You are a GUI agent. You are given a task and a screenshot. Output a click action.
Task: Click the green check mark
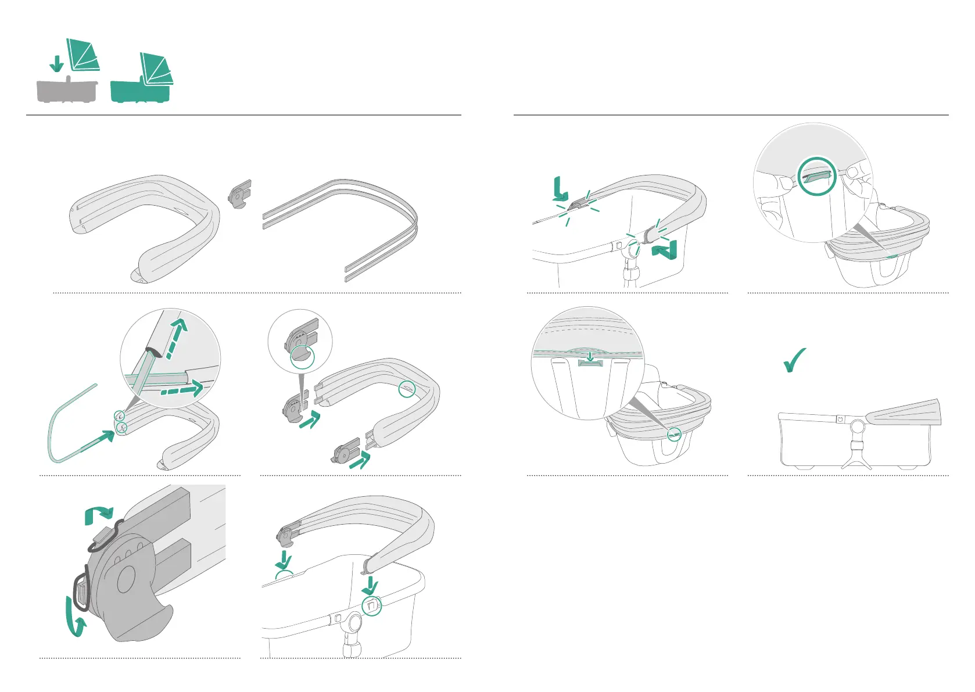pos(795,360)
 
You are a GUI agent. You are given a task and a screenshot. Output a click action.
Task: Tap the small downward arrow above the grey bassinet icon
pos(56,63)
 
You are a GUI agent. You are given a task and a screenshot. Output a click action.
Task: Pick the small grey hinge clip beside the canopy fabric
pos(241,194)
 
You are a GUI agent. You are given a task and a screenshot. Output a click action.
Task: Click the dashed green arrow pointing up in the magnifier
pos(177,338)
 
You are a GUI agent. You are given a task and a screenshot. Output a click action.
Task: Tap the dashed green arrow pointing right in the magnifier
pos(181,389)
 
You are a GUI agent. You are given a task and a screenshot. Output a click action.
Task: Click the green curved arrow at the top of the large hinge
pos(99,514)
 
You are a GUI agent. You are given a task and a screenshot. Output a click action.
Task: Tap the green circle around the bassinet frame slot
pos(371,606)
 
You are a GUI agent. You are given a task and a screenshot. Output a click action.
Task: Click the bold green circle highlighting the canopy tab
pos(817,175)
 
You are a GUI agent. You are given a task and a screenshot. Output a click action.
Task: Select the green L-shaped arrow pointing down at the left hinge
pos(560,190)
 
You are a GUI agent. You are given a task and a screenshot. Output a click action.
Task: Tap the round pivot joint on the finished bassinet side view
pos(856,428)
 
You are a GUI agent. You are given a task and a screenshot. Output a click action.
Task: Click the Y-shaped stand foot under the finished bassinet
pos(856,460)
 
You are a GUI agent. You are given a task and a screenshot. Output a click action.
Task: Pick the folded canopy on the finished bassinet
pos(904,413)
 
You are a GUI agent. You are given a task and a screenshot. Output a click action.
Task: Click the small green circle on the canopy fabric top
pos(407,390)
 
